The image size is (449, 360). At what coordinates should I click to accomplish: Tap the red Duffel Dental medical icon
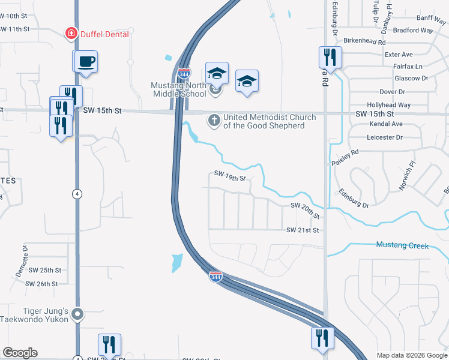point(71,34)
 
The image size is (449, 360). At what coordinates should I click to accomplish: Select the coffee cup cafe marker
point(85,61)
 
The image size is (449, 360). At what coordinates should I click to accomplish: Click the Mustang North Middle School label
point(179,89)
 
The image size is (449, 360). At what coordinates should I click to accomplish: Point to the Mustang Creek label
point(402,245)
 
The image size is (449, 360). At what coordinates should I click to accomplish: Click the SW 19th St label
point(230,175)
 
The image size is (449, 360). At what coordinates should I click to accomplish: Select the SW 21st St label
point(302,230)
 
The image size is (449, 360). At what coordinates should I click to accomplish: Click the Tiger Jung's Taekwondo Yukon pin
point(77,314)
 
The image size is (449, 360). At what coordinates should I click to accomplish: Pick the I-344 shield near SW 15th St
point(184,74)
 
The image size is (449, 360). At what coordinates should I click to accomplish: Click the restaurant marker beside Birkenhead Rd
point(330,58)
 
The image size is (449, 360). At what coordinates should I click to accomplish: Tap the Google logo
point(20,353)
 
